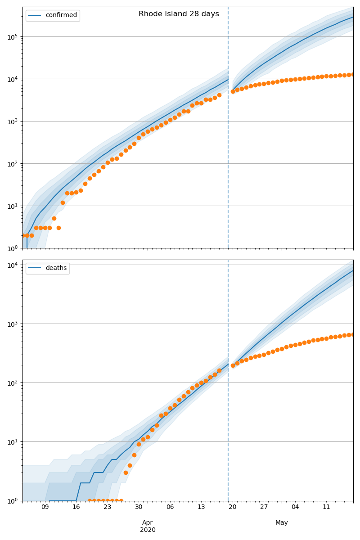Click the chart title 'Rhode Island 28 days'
[179, 14]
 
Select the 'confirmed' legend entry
[61, 15]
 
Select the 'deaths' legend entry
[56, 268]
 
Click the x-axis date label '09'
[45, 507]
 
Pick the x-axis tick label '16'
[76, 507]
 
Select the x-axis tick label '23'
[108, 507]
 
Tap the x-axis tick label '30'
[139, 507]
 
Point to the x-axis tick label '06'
[170, 507]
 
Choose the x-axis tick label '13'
[201, 507]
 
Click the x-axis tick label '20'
[233, 507]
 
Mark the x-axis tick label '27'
[264, 507]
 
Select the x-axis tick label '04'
[295, 507]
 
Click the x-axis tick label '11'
[326, 507]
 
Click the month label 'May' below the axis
[282, 523]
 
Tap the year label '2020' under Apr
[148, 530]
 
